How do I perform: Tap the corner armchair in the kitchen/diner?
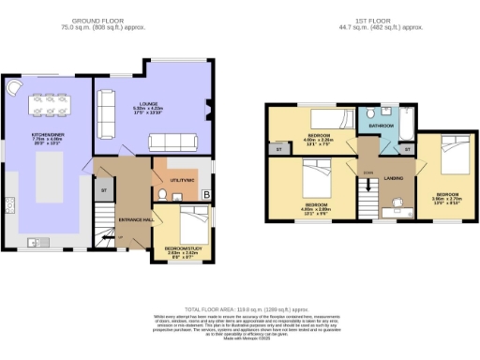tap(13, 87)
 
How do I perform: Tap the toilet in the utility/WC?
tap(163, 195)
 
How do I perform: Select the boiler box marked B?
tap(205, 195)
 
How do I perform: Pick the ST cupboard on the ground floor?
tap(104, 190)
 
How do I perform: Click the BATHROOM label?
tap(380, 125)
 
